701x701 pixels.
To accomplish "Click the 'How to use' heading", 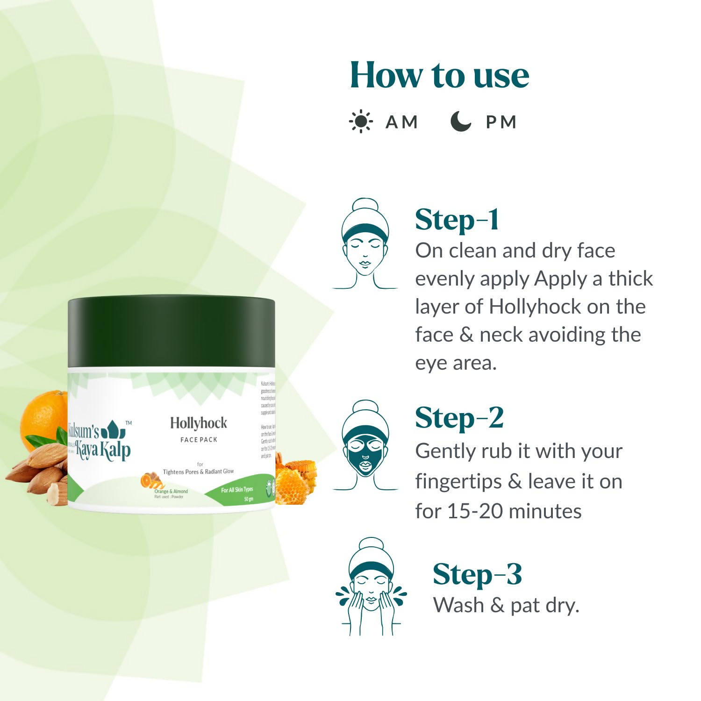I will [439, 76].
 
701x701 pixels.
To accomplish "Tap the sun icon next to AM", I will [361, 122].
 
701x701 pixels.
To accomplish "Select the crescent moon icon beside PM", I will [460, 122].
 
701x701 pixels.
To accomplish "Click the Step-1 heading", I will [457, 220].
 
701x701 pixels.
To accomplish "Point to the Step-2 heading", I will [459, 418].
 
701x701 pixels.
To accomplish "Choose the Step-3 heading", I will [477, 574].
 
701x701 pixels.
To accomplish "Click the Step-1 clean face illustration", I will [365, 243].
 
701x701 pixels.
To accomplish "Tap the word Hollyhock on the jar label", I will [199, 423].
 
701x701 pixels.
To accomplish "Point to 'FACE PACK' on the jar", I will [199, 440].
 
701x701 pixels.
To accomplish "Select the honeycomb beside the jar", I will [294, 481].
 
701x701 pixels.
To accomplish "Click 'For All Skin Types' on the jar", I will [237, 490].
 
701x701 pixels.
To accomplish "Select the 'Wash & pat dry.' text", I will [506, 606].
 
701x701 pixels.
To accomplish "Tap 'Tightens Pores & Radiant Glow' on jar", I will [198, 472].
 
